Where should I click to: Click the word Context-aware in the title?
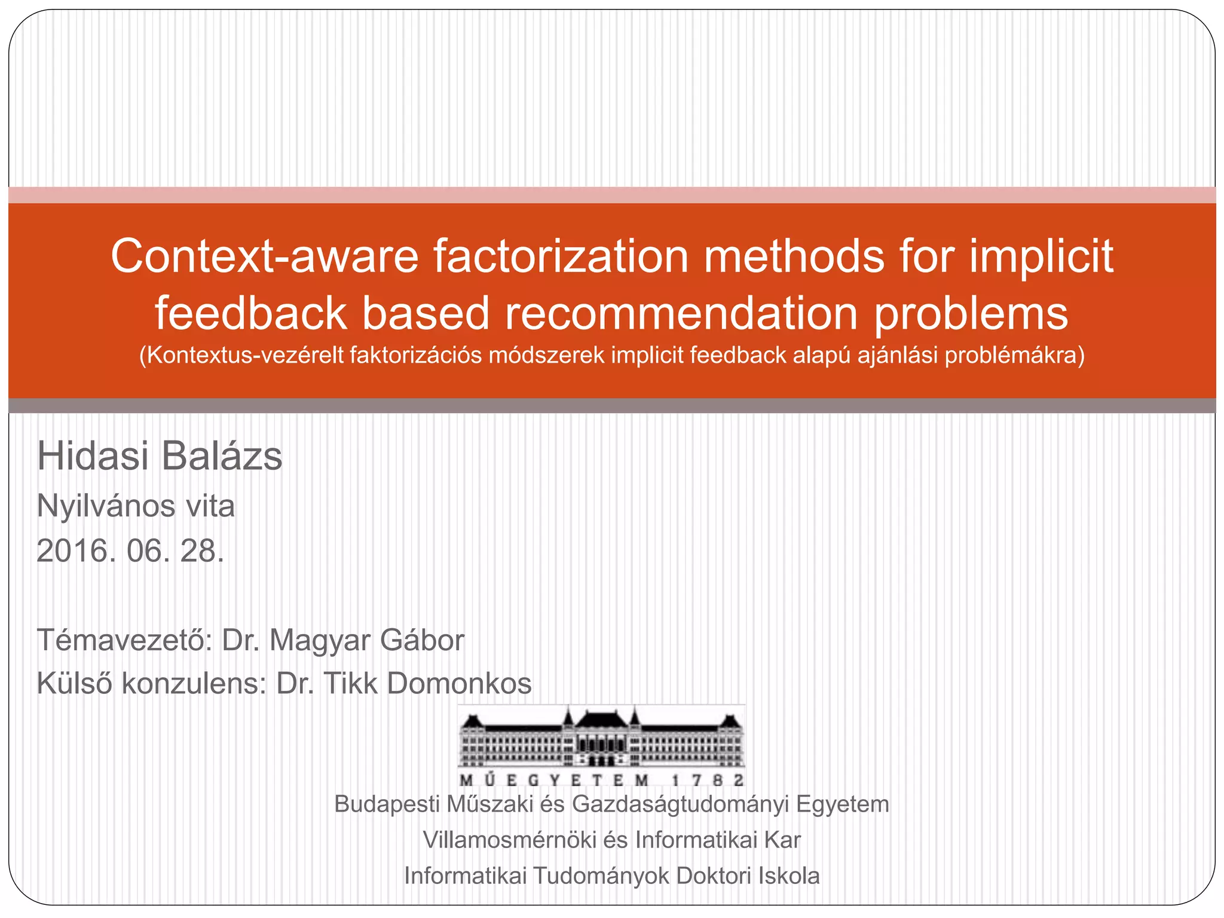coord(265,256)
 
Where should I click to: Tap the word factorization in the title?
coord(561,256)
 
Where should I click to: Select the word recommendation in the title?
coord(681,313)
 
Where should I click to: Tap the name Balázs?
coord(222,456)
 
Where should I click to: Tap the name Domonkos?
coord(459,683)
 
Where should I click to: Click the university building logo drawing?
coord(601,738)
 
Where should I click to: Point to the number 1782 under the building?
coord(708,780)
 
